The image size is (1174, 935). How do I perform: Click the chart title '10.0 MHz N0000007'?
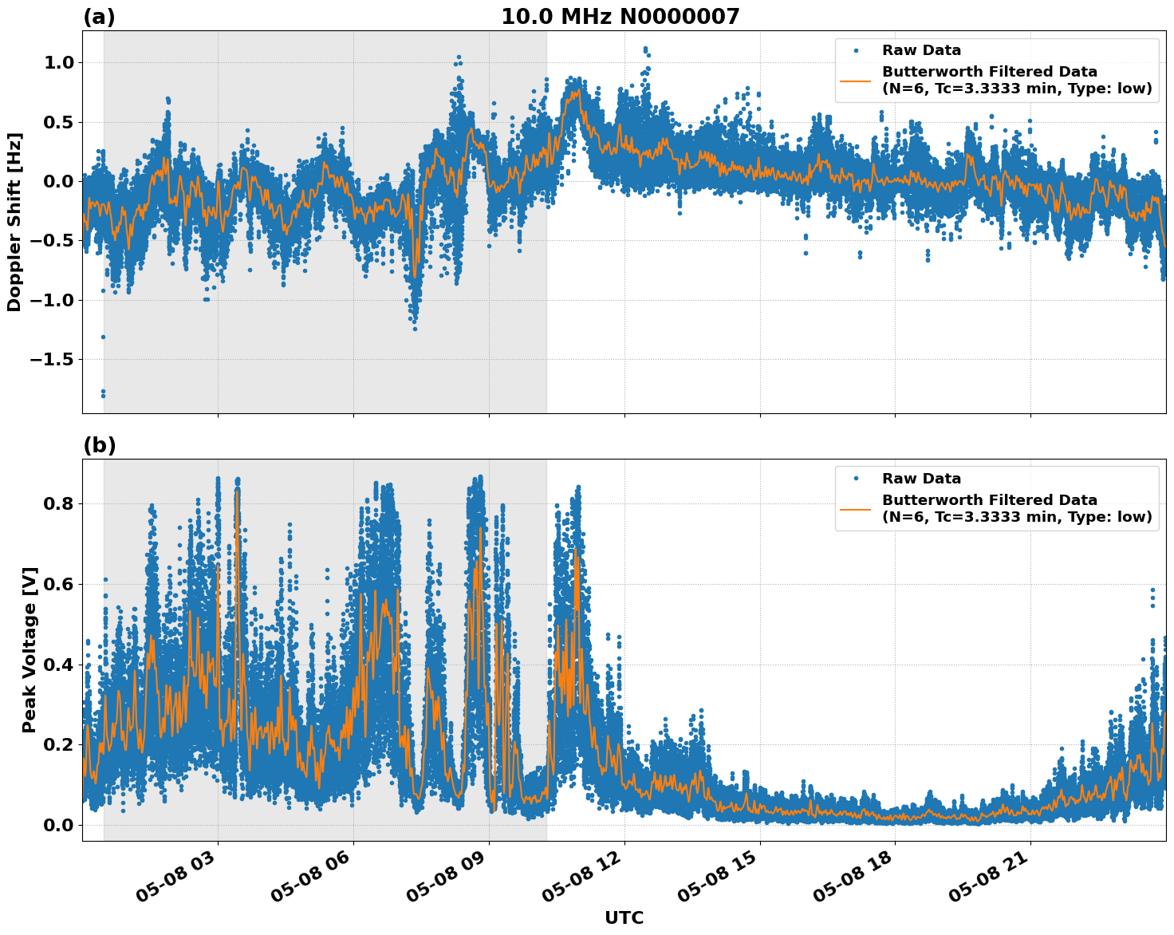point(620,17)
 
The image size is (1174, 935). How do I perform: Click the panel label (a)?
point(99,18)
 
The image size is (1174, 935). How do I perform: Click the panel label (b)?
point(100,446)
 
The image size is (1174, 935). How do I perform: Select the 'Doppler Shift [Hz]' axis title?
point(14,222)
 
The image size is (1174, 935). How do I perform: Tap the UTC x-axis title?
point(624,917)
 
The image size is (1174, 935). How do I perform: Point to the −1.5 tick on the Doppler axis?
point(52,360)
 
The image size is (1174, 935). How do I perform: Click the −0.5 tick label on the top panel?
point(52,241)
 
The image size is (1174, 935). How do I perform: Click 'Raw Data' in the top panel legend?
point(921,50)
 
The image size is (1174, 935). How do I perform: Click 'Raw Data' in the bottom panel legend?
point(921,479)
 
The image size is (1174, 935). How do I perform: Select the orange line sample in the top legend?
point(855,81)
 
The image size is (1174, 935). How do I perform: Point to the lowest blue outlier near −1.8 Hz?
point(103,395)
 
